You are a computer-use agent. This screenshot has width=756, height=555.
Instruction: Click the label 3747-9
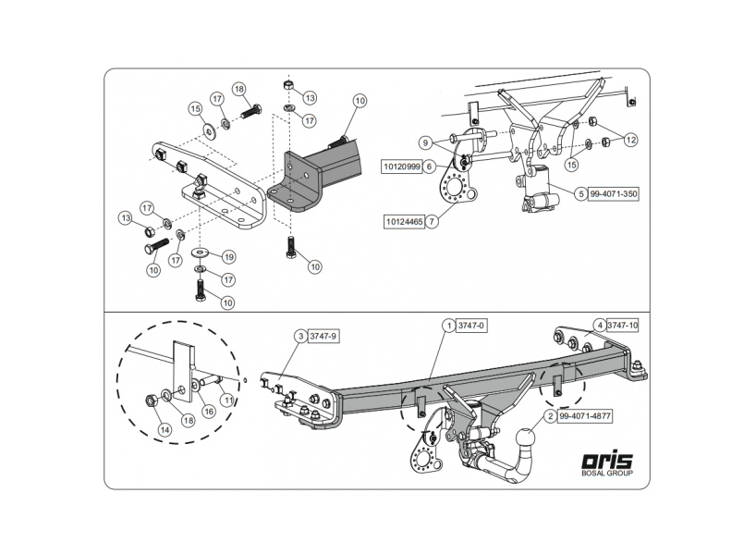[x=323, y=336]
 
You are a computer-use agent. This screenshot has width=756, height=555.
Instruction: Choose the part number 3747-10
[x=625, y=326]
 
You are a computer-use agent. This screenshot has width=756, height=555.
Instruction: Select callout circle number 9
[x=424, y=142]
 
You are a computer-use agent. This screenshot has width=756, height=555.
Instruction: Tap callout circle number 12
[x=630, y=140]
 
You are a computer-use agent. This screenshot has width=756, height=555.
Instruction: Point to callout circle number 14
[x=164, y=429]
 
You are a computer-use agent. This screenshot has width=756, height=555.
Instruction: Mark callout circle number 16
[x=208, y=411]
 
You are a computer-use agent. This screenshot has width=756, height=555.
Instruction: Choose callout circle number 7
[x=432, y=221]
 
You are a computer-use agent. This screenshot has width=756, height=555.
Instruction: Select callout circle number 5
[x=580, y=194]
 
